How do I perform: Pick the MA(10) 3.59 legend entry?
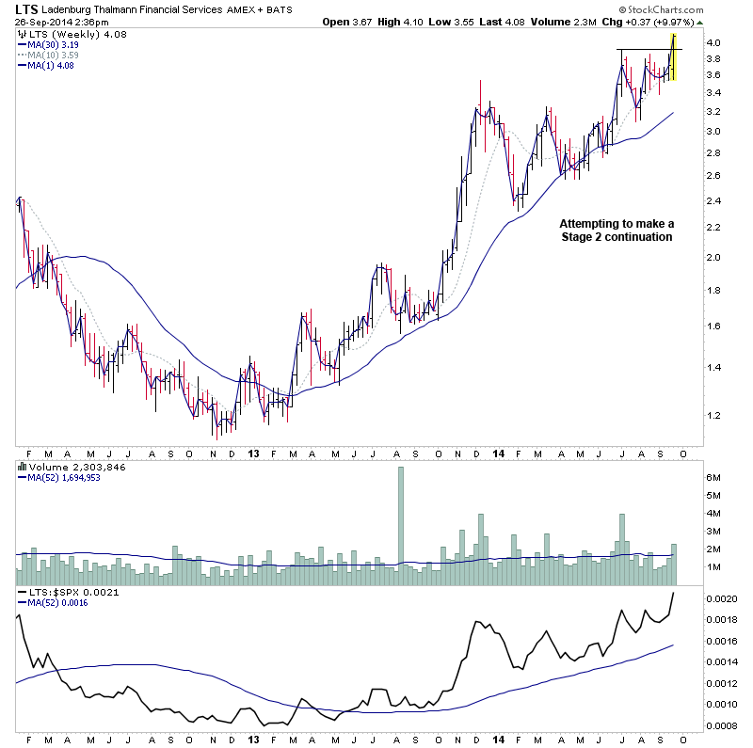(x=50, y=55)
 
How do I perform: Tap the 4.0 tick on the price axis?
(x=715, y=43)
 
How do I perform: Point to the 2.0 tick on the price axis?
(x=715, y=257)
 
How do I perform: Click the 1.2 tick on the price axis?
(x=715, y=416)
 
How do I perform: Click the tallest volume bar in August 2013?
(x=400, y=517)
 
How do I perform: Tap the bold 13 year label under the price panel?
(x=253, y=454)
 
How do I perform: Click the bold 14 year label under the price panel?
(x=496, y=454)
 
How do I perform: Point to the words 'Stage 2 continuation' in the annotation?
(x=617, y=237)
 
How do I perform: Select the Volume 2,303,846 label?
(x=71, y=466)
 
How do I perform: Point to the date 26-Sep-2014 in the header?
(x=48, y=22)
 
